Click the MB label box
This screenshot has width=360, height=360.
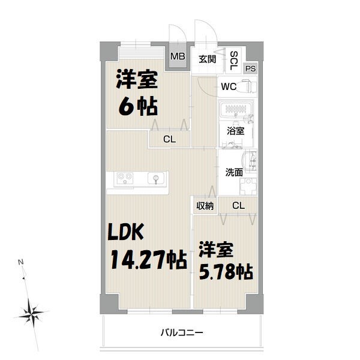tap(178, 57)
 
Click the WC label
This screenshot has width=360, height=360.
tap(228, 86)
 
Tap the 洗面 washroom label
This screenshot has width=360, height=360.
tap(234, 172)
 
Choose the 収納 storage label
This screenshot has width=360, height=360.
tap(205, 206)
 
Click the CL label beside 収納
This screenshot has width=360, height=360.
tap(238, 206)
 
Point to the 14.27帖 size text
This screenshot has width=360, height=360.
tap(147, 261)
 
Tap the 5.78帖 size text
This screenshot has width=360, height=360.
tap(225, 271)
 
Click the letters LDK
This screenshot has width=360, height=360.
tap(127, 232)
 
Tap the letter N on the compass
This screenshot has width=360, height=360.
tap(21, 262)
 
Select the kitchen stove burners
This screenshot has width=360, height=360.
tap(125, 178)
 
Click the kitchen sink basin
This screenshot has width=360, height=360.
tap(155, 178)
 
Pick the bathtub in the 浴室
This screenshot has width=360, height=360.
tap(236, 111)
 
